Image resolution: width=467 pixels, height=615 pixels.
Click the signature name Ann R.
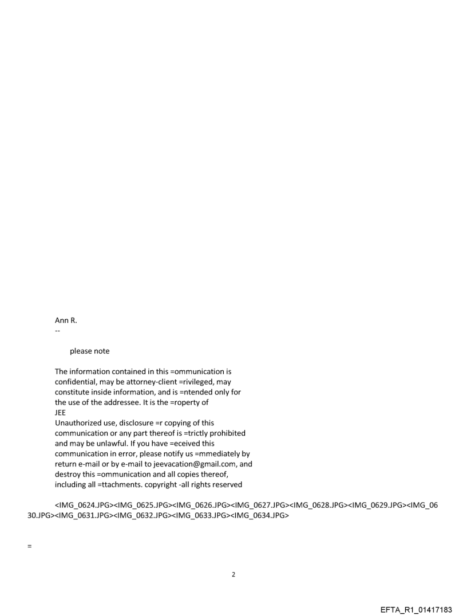(x=66, y=320)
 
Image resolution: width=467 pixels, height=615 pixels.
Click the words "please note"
(x=90, y=351)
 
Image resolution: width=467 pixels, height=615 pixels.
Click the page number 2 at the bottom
(x=233, y=574)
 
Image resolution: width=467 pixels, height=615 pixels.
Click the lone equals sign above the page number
(x=29, y=546)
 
